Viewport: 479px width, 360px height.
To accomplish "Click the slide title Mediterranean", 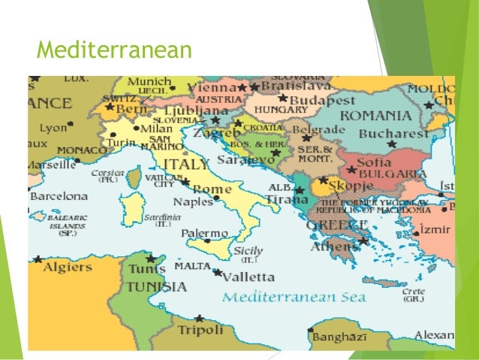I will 114,50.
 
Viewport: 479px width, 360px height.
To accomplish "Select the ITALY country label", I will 187,165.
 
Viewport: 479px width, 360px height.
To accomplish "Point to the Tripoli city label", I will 200,330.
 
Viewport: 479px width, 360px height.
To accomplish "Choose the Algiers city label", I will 67,268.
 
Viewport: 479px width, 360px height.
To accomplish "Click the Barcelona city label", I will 59,196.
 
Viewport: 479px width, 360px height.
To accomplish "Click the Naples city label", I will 193,202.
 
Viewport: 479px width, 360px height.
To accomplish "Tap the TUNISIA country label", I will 156,286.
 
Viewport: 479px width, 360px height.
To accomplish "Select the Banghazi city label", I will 339,337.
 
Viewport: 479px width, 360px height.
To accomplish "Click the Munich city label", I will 149,82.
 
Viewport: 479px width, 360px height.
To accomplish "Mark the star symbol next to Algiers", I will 38,259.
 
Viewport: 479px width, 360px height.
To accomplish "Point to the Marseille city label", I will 52,164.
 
